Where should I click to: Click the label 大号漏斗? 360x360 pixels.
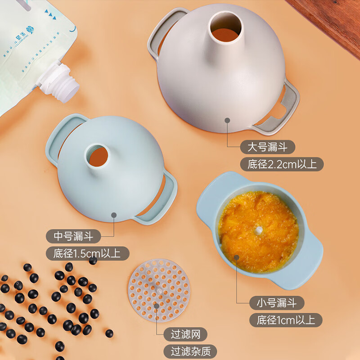pos(267,147)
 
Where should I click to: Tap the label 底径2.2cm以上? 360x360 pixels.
pos(282,164)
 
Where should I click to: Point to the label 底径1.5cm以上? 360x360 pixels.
pos(87,253)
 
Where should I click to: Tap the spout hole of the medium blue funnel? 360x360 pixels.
pos(98,155)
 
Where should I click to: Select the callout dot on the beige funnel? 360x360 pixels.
pos(227,120)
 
